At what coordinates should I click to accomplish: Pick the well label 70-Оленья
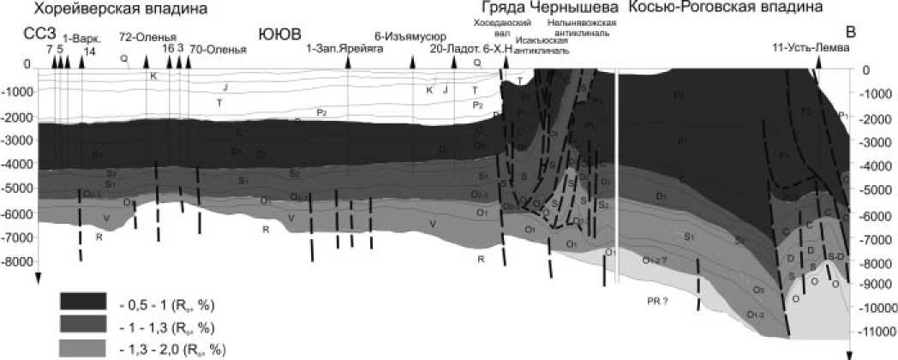pyautogui.click(x=218, y=50)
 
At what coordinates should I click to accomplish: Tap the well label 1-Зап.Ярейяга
pyautogui.click(x=341, y=50)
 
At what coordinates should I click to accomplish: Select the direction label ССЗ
pyautogui.click(x=39, y=34)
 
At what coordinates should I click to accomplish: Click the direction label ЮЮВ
pyautogui.click(x=276, y=34)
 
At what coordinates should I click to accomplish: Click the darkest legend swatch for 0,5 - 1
pyautogui.click(x=82, y=301)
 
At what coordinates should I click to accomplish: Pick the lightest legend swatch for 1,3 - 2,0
pyautogui.click(x=82, y=347)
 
